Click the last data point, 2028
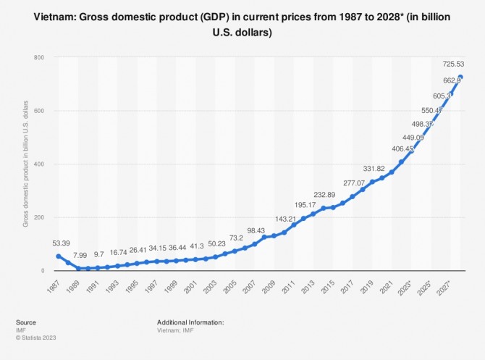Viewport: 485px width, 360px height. [461, 78]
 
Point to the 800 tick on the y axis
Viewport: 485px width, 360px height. [38, 57]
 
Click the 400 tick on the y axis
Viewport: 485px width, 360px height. [38, 164]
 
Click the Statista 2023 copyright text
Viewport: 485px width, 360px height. [36, 338]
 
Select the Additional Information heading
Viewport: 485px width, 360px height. [190, 322]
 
